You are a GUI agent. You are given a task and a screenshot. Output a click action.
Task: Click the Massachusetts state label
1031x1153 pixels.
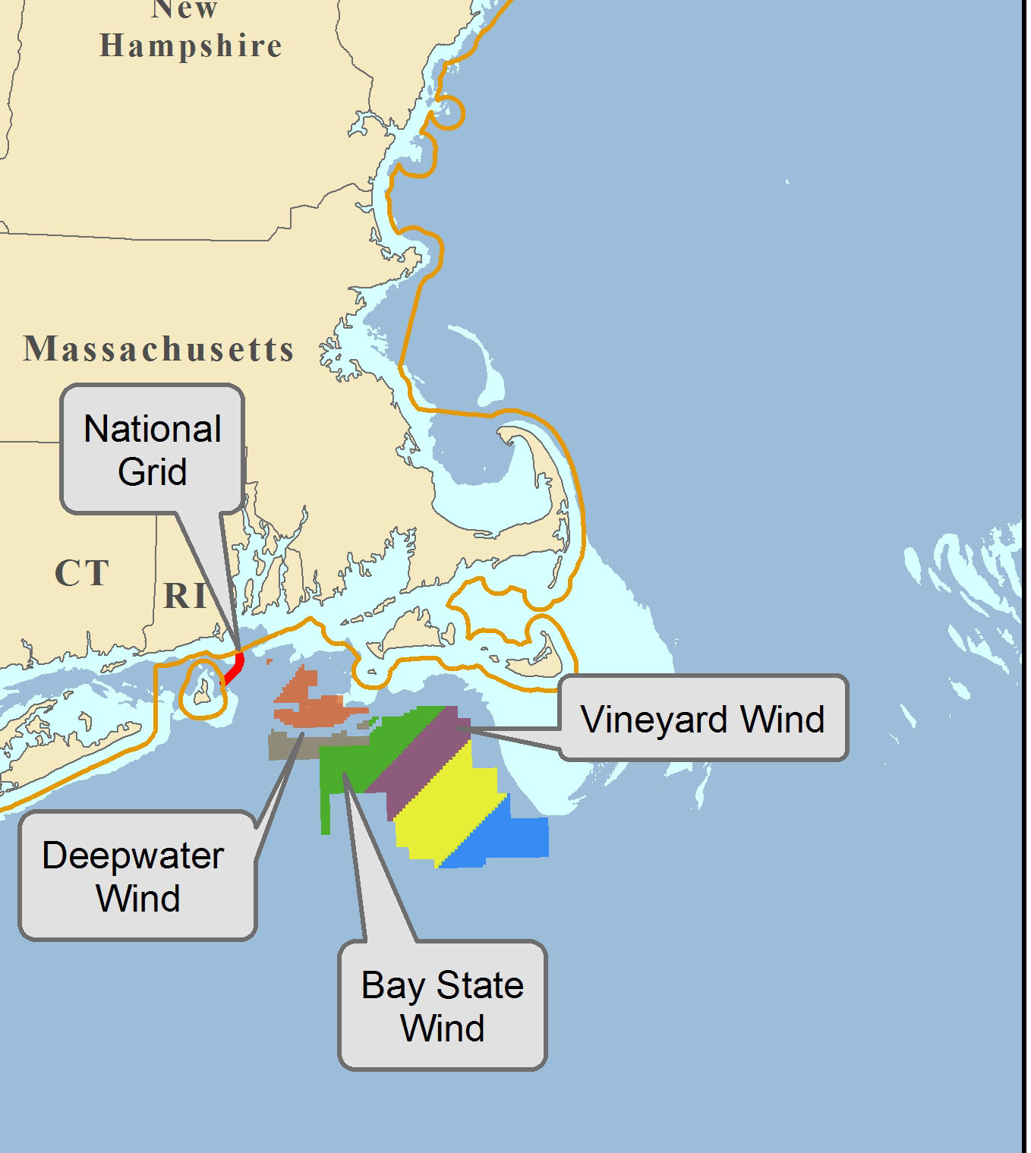(159, 349)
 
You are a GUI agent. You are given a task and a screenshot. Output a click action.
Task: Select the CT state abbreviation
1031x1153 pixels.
(82, 573)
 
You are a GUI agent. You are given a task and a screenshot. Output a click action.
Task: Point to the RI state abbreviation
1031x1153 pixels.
(185, 596)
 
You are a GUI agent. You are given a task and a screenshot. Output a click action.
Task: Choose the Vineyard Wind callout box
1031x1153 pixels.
(703, 718)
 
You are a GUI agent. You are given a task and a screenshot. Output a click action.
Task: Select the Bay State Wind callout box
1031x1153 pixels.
(443, 1006)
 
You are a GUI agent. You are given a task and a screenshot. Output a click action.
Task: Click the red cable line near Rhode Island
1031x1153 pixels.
(236, 668)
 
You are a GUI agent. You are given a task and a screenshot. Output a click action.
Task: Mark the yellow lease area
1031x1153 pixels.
(448, 812)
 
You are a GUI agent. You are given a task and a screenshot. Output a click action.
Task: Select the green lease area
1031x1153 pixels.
(357, 759)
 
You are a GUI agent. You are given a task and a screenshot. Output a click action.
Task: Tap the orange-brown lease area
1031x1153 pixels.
(311, 706)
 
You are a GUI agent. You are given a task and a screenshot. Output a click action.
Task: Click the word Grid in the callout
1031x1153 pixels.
(152, 471)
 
